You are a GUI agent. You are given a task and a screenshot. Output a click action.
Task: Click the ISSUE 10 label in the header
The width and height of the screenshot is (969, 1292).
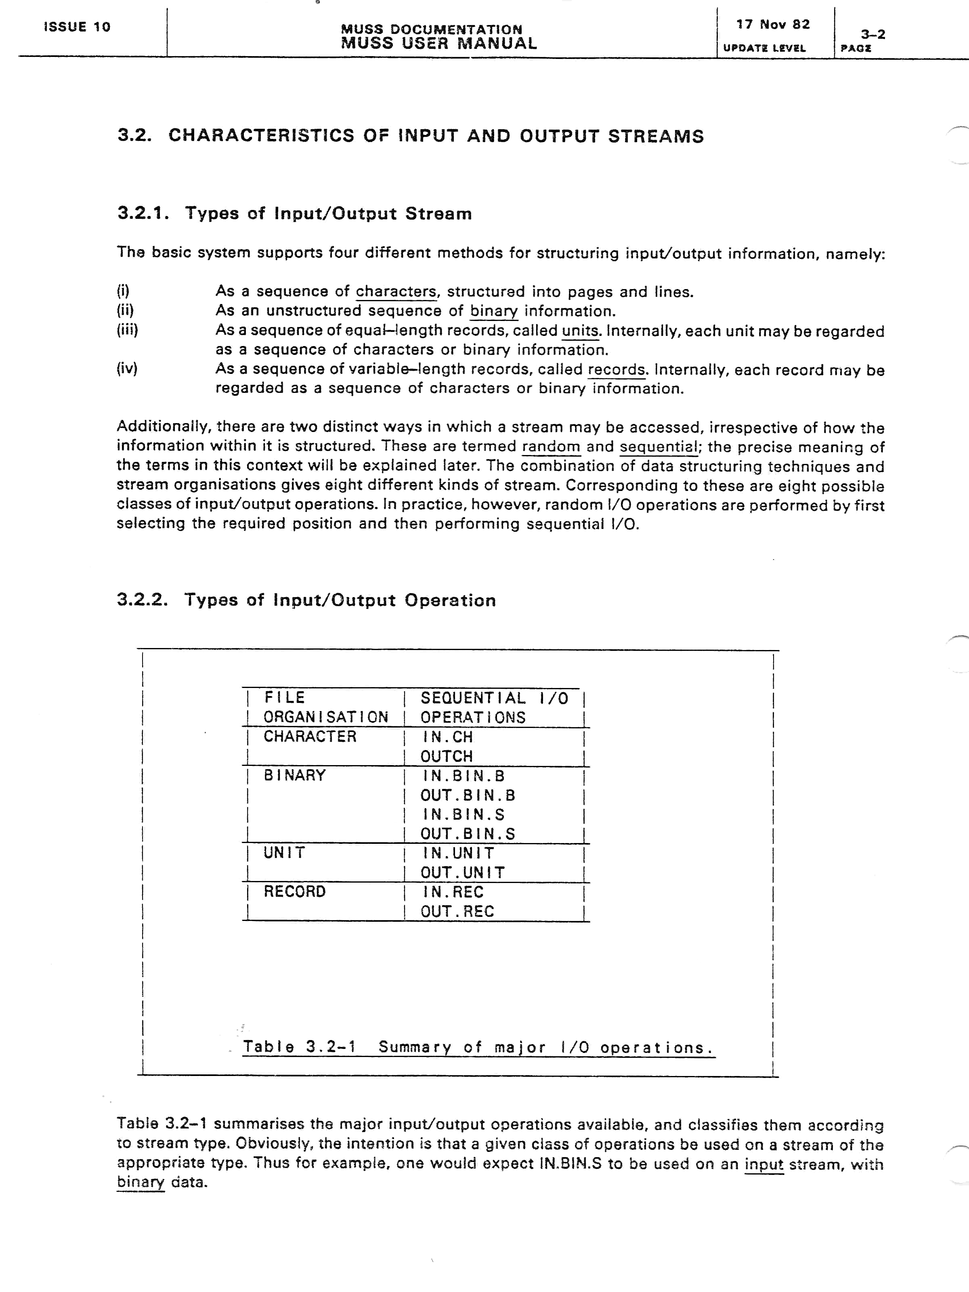(77, 27)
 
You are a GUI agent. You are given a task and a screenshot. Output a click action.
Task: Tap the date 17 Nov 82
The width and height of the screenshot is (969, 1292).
(773, 25)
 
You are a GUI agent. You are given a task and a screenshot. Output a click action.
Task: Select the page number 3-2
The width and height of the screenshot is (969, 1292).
(873, 34)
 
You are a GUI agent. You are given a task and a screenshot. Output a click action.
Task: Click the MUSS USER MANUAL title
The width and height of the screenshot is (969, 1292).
(438, 44)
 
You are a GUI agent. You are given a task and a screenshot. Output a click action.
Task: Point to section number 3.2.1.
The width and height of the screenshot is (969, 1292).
(143, 213)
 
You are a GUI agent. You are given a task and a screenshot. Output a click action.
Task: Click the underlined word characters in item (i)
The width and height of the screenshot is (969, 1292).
(396, 292)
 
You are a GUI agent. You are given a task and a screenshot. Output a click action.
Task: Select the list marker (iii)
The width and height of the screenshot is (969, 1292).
(127, 330)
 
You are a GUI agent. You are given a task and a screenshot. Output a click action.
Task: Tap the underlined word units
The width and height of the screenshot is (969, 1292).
(580, 331)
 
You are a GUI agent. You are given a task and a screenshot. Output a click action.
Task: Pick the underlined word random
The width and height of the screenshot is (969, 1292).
(551, 447)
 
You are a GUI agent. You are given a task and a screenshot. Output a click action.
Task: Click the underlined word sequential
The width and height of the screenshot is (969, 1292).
(658, 447)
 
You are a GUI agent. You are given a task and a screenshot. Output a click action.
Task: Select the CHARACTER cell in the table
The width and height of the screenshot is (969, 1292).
(310, 736)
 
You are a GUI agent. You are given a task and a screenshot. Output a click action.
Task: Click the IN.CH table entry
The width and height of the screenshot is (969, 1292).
(447, 737)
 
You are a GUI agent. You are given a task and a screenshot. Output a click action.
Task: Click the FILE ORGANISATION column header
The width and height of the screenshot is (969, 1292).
(325, 707)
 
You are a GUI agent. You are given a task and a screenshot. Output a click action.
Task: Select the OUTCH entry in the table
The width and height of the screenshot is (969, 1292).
(446, 756)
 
